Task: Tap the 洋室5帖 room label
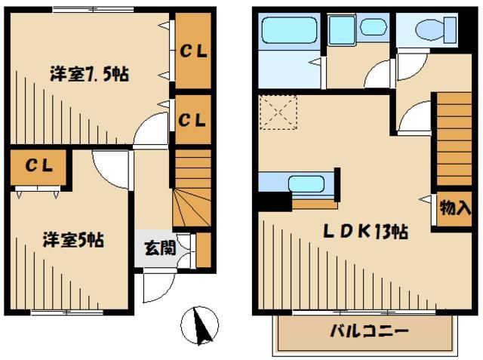[x=72, y=242]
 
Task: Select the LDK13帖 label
[x=368, y=232]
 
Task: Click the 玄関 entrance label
[x=161, y=247]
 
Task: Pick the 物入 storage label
[x=454, y=208]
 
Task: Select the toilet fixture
[x=429, y=30]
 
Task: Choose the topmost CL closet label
[x=194, y=51]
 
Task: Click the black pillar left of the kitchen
[x=273, y=202]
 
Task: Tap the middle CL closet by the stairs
[x=193, y=119]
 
